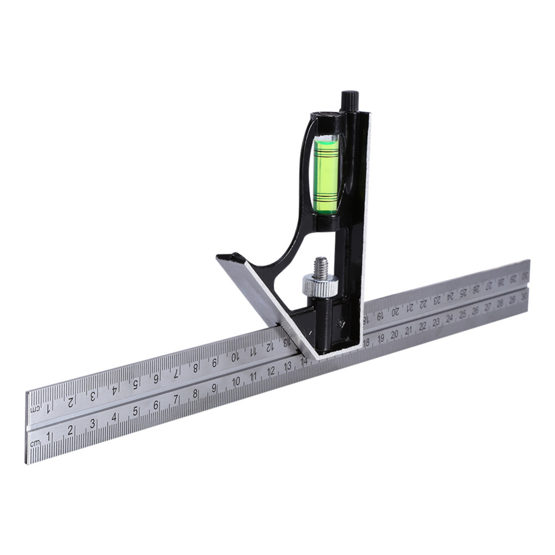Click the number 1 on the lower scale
pos(49,437)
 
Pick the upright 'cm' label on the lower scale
pos(36,442)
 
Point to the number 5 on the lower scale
pos(135,412)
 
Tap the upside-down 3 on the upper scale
pos(93,396)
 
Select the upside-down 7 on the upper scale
pos(176,374)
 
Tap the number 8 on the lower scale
pos(195,393)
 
